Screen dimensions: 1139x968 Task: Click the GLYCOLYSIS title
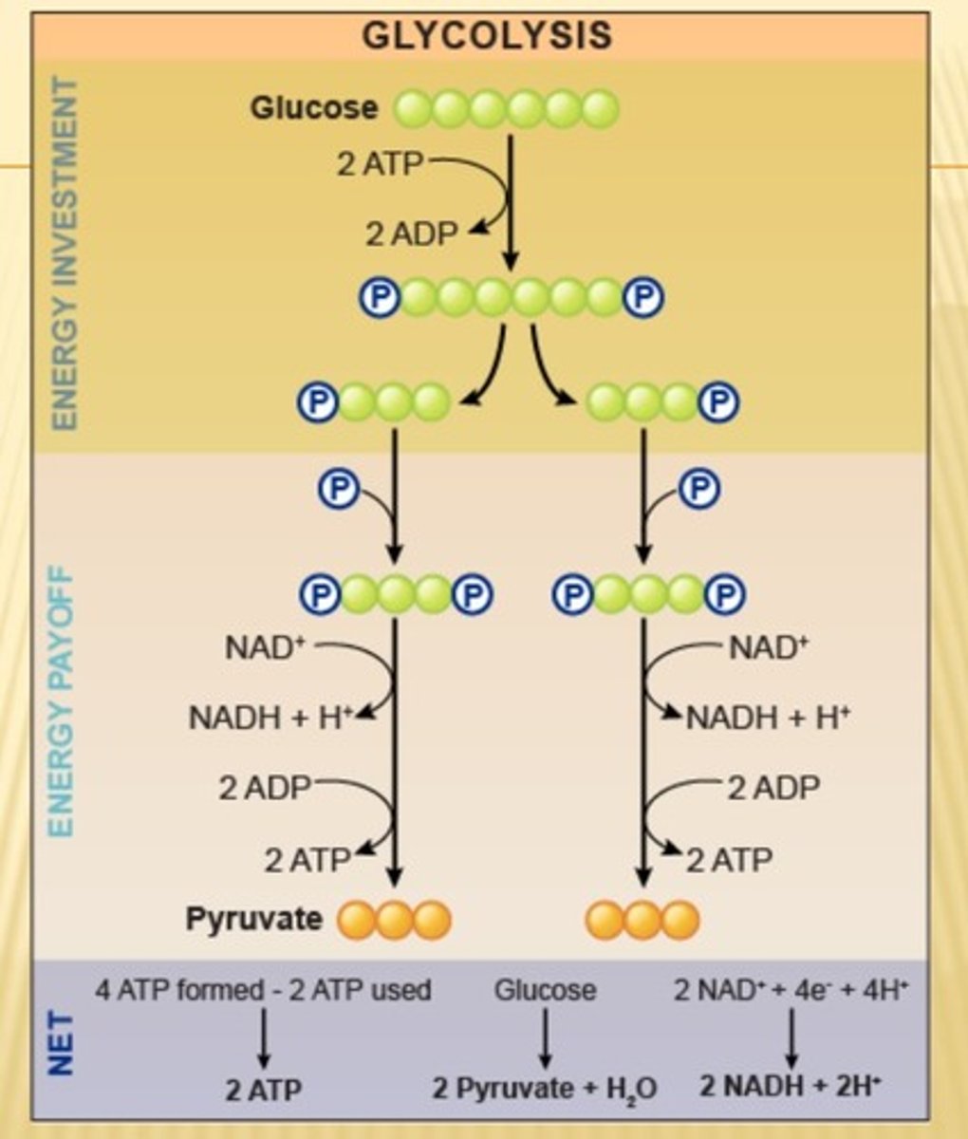487,36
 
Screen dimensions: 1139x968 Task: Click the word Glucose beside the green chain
313,108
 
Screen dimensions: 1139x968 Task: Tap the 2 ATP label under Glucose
379,163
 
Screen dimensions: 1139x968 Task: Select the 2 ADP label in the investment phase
412,233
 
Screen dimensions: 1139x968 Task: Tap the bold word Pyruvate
253,919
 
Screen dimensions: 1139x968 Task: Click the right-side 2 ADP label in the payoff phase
773,788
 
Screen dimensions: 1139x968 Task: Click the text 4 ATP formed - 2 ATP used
263,990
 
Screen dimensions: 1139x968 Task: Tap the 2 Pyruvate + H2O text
545,1088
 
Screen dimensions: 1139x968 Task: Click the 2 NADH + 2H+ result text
791,1086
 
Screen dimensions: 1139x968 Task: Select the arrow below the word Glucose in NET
545,1037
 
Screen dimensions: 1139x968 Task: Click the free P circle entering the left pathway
336,489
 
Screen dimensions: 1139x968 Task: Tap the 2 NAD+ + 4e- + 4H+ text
791,990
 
